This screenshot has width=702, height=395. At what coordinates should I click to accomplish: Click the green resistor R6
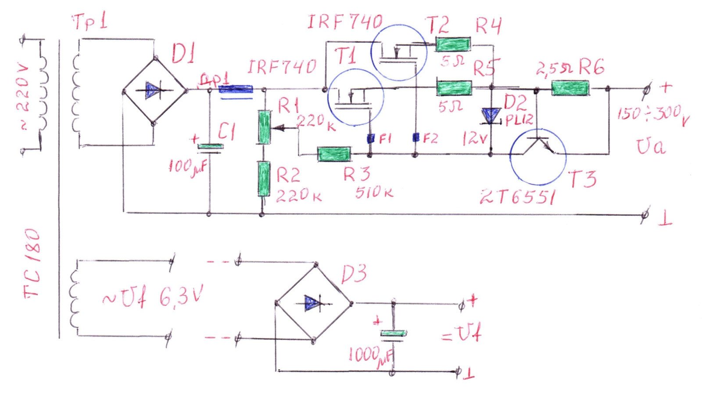(570, 88)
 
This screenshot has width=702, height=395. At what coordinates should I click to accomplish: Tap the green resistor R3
(334, 154)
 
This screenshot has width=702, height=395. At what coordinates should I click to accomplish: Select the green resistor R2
(264, 179)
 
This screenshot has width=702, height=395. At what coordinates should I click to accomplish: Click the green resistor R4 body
(453, 44)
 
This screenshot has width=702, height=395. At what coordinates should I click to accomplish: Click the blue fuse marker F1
(370, 139)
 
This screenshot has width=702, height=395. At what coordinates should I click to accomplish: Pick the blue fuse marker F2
(415, 138)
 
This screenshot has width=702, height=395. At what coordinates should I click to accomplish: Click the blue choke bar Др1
(236, 90)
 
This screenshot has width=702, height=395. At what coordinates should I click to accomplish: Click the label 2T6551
(518, 198)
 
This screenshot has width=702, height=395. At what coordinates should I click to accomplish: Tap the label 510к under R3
(374, 192)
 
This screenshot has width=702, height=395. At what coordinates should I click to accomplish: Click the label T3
(581, 179)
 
